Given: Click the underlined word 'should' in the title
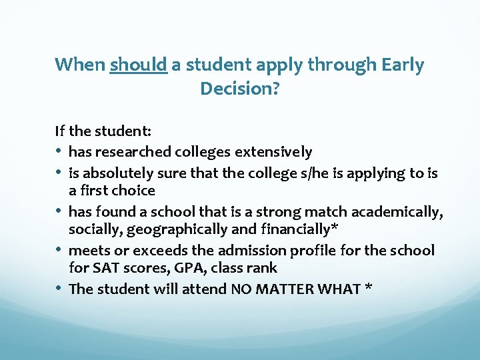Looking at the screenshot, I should pyautogui.click(x=138, y=65).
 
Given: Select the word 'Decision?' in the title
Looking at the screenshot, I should pyautogui.click(x=239, y=88).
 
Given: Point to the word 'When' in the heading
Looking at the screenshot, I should pyautogui.click(x=79, y=65).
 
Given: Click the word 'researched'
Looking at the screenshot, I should pyautogui.click(x=127, y=153).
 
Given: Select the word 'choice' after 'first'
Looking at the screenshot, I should pyautogui.click(x=133, y=191).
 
